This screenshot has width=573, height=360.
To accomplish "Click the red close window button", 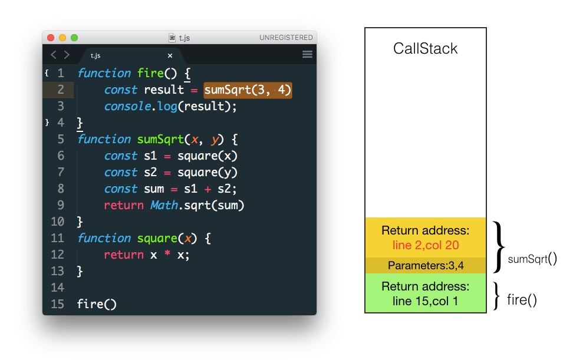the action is coord(51,38).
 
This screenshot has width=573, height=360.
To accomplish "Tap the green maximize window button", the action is coord(74,38).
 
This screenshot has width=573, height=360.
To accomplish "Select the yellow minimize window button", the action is coord(62,38).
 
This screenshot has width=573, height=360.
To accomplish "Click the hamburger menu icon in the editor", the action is coord(307,55).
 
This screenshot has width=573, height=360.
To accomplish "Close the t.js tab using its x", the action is coord(170,55).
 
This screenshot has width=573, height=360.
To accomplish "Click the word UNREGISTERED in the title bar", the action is coord(286,38).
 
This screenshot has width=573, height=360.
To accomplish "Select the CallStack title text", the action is coord(425,48).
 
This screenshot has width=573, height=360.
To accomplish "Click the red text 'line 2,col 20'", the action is coord(425,245).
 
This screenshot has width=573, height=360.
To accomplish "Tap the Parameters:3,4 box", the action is coord(425,266).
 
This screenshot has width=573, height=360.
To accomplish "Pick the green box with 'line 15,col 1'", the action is coord(425,293).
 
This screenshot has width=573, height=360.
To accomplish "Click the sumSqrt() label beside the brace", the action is coord(532,258).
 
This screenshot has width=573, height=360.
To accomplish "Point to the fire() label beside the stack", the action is coord(522,300).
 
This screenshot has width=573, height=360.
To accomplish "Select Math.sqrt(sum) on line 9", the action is coord(197,205).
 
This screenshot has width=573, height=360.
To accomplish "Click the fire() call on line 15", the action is coord(97,304).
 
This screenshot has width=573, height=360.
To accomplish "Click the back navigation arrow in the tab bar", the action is coord(54,55).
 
